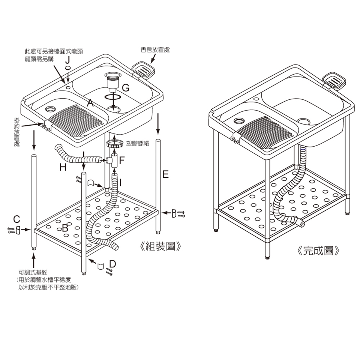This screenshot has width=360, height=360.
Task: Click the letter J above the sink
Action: [67, 60]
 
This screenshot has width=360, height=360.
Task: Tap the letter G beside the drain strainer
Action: [126, 88]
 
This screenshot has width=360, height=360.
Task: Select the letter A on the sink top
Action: [90, 103]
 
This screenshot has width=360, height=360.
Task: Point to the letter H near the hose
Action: [63, 168]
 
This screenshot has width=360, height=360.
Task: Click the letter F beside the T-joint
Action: [121, 161]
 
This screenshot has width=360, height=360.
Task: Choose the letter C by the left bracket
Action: [16, 219]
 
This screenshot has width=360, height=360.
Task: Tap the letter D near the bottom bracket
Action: [112, 264]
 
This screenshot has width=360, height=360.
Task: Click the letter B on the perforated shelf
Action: [65, 228]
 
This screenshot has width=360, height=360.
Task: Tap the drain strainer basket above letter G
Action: [112, 80]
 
